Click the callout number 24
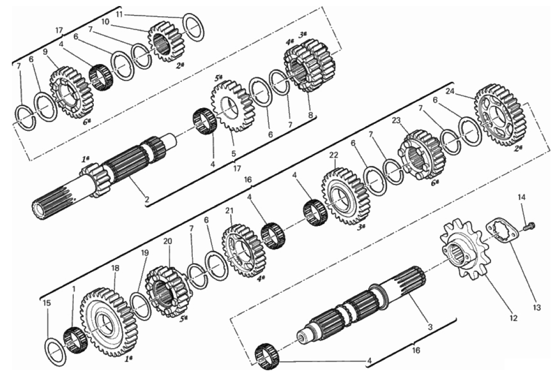pyautogui.click(x=450, y=91)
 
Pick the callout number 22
pyautogui.click(x=334, y=155)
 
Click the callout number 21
pyautogui.click(x=229, y=211)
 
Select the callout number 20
pyautogui.click(x=168, y=241)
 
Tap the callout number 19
pyautogui.click(x=145, y=253)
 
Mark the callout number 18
pyautogui.click(x=115, y=268)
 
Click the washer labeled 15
pyautogui.click(x=56, y=351)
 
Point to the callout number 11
pyautogui.click(x=119, y=14)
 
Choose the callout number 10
pyautogui.click(x=105, y=22)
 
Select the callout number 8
pyautogui.click(x=311, y=115)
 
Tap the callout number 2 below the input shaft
pyautogui.click(x=147, y=199)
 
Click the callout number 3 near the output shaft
pyautogui.click(x=430, y=327)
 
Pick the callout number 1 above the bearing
pyautogui.click(x=73, y=289)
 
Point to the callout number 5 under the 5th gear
pyautogui.click(x=234, y=154)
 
